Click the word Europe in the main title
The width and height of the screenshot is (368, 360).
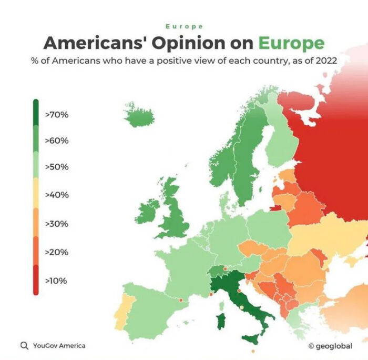click(291, 43)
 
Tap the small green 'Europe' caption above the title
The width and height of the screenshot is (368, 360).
click(184, 26)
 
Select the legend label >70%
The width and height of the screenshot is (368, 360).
click(57, 114)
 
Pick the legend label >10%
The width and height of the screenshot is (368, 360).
click(57, 281)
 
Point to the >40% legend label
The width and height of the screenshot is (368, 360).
click(57, 195)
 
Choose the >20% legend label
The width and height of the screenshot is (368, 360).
click(57, 252)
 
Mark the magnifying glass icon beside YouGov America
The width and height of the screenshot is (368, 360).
click(24, 346)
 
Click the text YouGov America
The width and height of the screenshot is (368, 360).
click(59, 346)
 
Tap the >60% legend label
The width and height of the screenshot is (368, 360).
click(57, 141)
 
